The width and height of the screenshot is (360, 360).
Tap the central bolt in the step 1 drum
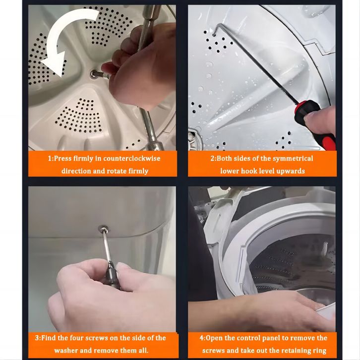pyautogui.click(x=94, y=74)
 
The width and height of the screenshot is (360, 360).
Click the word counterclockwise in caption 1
pyautogui.click(x=132, y=158)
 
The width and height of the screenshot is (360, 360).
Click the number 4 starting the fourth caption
pyautogui.click(x=201, y=338)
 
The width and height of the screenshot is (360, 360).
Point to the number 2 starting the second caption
pyautogui.click(x=213, y=158)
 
